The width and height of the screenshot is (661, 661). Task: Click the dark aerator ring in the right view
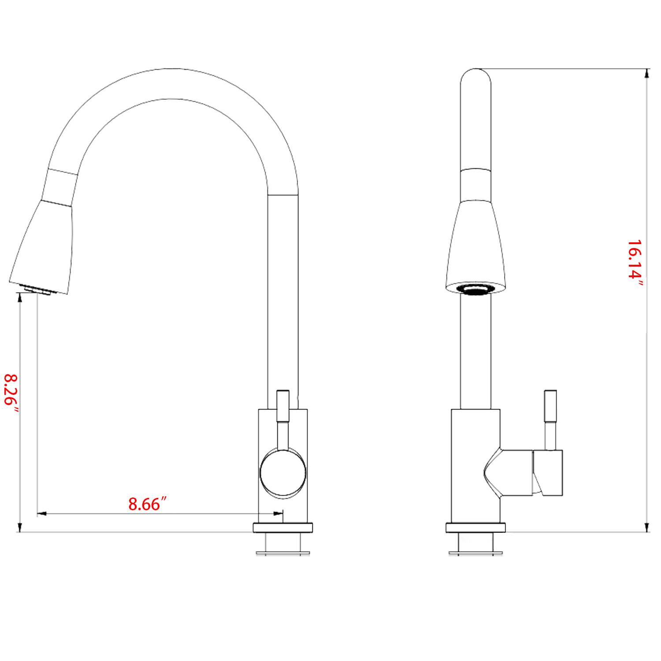click(475, 289)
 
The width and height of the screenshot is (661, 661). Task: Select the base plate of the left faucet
click(282, 527)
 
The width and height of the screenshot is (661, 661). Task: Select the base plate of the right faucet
click(475, 527)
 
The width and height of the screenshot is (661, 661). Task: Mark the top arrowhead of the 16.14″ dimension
click(646, 74)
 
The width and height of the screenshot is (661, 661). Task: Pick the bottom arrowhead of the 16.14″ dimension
click(646, 527)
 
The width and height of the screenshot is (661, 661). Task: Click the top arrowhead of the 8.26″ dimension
click(19, 298)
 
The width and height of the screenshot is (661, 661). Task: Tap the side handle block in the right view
click(549, 472)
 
